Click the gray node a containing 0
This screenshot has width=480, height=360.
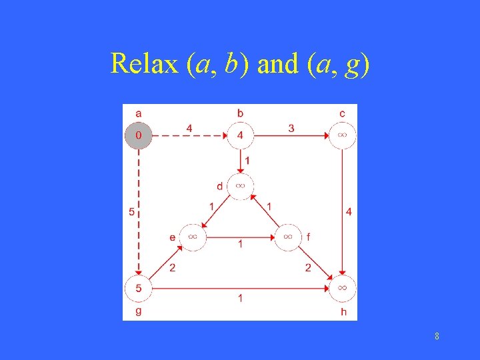pyautogui.click(x=139, y=135)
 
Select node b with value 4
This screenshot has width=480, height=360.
pyautogui.click(x=240, y=135)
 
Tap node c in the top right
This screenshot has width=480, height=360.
pyautogui.click(x=342, y=135)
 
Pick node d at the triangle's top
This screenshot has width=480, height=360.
pyautogui.click(x=240, y=185)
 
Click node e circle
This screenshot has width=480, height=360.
pyautogui.click(x=192, y=237)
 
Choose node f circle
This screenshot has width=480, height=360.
pyautogui.click(x=288, y=237)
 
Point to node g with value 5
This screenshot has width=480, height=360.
pyautogui.click(x=139, y=288)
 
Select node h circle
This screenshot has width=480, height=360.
pyautogui.click(x=342, y=288)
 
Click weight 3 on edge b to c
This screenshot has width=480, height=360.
pyautogui.click(x=291, y=128)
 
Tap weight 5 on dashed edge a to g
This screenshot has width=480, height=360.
pyautogui.click(x=131, y=213)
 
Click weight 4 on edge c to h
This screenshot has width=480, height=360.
pyautogui.click(x=349, y=212)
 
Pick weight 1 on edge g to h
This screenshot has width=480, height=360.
pyautogui.click(x=240, y=299)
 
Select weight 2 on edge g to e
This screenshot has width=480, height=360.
pyautogui.click(x=172, y=268)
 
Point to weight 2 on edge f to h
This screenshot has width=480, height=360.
pyautogui.click(x=308, y=268)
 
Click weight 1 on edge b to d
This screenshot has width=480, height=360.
pyautogui.click(x=248, y=161)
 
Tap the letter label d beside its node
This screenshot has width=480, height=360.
pyautogui.click(x=219, y=186)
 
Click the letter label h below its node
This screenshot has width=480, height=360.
pyautogui.click(x=343, y=311)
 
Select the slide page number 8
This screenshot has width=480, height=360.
pyautogui.click(x=437, y=337)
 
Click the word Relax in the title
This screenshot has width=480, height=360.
pyautogui.click(x=145, y=63)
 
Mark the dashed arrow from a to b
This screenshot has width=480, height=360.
pyautogui.click(x=190, y=136)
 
